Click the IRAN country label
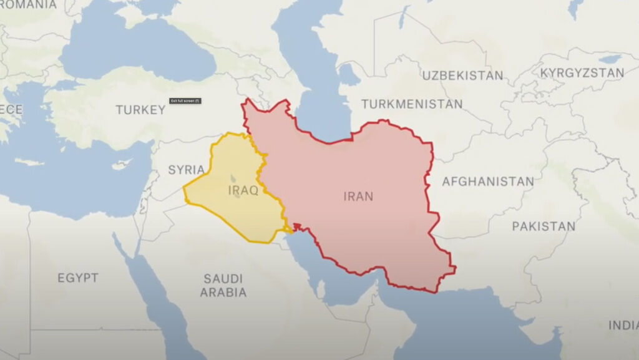click(358, 197)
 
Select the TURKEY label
click(140, 110)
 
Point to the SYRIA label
click(186, 169)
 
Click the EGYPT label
click(78, 278)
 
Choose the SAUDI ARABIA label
click(224, 285)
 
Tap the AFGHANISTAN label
click(487, 182)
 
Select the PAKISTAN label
click(544, 226)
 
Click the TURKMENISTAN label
click(412, 104)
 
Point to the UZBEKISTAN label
click(462, 75)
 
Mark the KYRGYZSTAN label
click(582, 73)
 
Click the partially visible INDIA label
click(623, 325)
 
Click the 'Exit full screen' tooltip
click(185, 100)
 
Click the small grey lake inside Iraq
click(233, 179)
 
